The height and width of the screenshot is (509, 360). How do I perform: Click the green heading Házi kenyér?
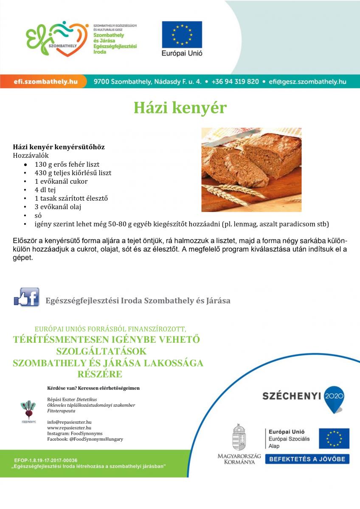(180, 108)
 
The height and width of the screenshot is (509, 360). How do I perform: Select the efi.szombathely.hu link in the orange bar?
(45, 81)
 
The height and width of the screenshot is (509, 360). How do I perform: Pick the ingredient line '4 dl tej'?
(45, 190)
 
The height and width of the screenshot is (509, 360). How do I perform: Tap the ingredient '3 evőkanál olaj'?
(58, 207)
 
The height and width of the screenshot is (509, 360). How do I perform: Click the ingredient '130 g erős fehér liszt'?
(67, 164)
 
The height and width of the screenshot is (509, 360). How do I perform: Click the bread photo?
(251, 169)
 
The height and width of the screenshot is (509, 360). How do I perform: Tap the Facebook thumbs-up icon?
(26, 297)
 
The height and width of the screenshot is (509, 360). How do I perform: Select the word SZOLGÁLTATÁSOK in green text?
(101, 352)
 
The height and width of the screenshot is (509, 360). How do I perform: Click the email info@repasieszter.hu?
(69, 422)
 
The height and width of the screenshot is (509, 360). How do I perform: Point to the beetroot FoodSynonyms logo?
(29, 411)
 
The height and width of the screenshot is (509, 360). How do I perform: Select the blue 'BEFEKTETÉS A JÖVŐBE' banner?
(307, 459)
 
